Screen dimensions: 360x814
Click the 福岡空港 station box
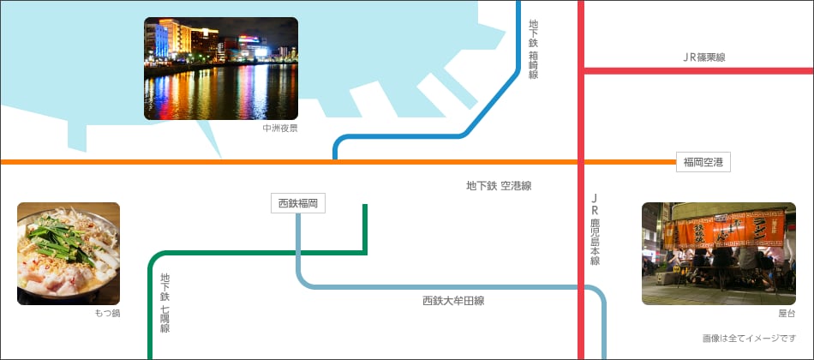pyautogui.click(x=703, y=161)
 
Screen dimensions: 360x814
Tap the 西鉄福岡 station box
pyautogui.click(x=298, y=203)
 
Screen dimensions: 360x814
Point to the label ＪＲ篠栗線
pyautogui.click(x=703, y=57)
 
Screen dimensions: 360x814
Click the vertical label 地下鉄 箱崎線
pyautogui.click(x=533, y=50)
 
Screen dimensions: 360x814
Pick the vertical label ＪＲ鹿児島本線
pyautogui.click(x=595, y=229)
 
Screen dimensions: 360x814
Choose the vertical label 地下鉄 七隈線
pyautogui.click(x=165, y=303)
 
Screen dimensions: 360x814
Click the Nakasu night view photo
pyautogui.click(x=221, y=69)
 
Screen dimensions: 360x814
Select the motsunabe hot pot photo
pyautogui.click(x=69, y=254)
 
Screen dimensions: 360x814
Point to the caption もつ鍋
pyautogui.click(x=107, y=314)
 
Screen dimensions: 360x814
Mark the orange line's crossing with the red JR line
pyautogui.click(x=581, y=161)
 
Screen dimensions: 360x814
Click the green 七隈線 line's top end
pyautogui.click(x=366, y=207)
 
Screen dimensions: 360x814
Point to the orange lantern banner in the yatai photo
pyautogui.click(x=720, y=229)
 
